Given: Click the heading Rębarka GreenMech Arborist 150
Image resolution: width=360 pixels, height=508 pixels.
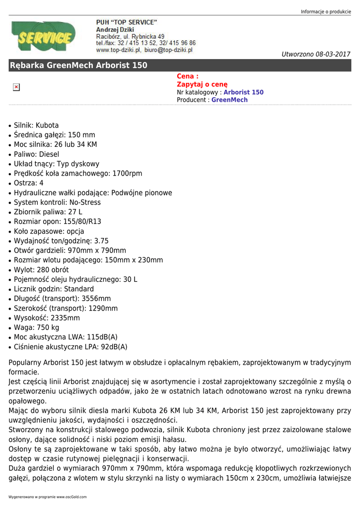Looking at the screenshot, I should pos(78,65).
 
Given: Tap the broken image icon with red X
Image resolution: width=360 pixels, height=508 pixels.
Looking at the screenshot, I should pos(16,87).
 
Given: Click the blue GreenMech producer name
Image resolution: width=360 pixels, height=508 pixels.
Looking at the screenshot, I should pos(229,100).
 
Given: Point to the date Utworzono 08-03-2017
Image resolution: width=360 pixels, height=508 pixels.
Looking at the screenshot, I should pos(316,54).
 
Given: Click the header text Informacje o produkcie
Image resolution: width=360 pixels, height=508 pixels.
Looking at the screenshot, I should pos(326,12).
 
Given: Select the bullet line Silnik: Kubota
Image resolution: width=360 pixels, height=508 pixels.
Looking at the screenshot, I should pos(36,126).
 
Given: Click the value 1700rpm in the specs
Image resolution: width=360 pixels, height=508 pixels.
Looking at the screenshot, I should pos(127,174).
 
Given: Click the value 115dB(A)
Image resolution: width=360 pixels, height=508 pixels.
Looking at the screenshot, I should pos(102,337).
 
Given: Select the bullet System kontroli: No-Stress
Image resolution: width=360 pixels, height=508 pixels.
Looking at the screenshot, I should pos(57,202).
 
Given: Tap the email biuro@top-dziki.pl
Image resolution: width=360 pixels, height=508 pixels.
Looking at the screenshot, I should pos(168,50).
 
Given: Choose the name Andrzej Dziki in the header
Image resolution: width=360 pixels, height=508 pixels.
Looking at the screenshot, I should pos(115,30).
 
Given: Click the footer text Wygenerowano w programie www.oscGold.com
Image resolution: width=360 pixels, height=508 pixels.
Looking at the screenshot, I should pos(47,497).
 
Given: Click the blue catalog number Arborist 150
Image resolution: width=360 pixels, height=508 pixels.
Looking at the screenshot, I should pos(243,92).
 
